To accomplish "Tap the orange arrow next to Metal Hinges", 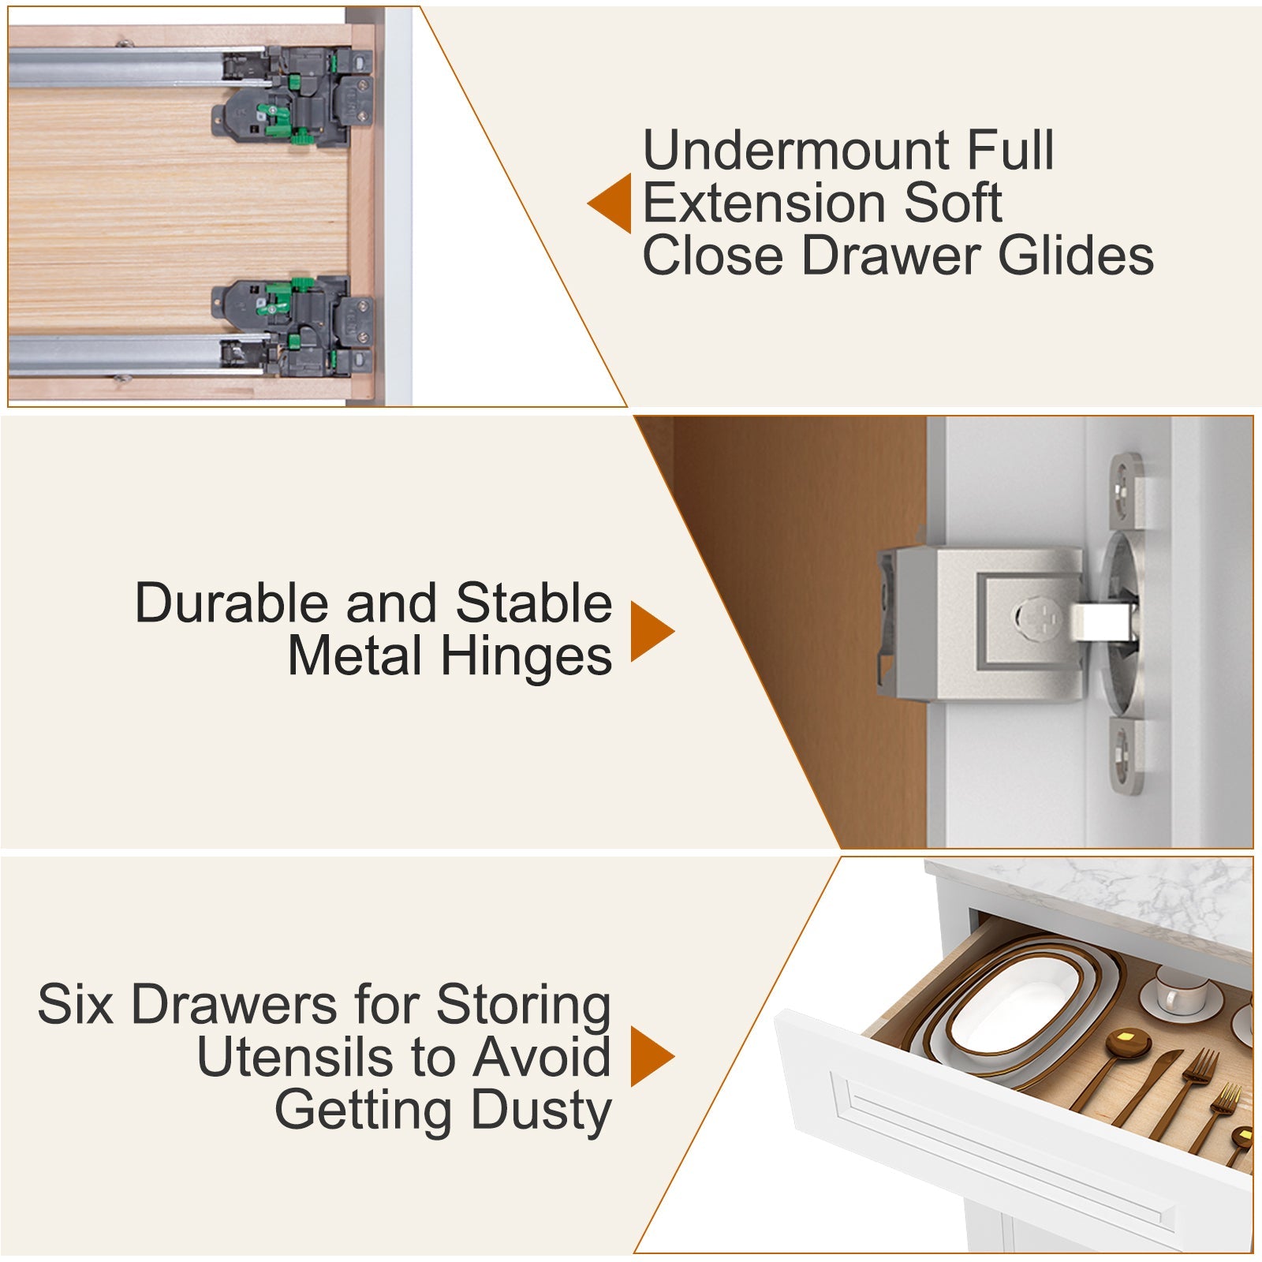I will pyautogui.click(x=650, y=630).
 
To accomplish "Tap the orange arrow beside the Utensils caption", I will pyautogui.click(x=650, y=1056).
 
